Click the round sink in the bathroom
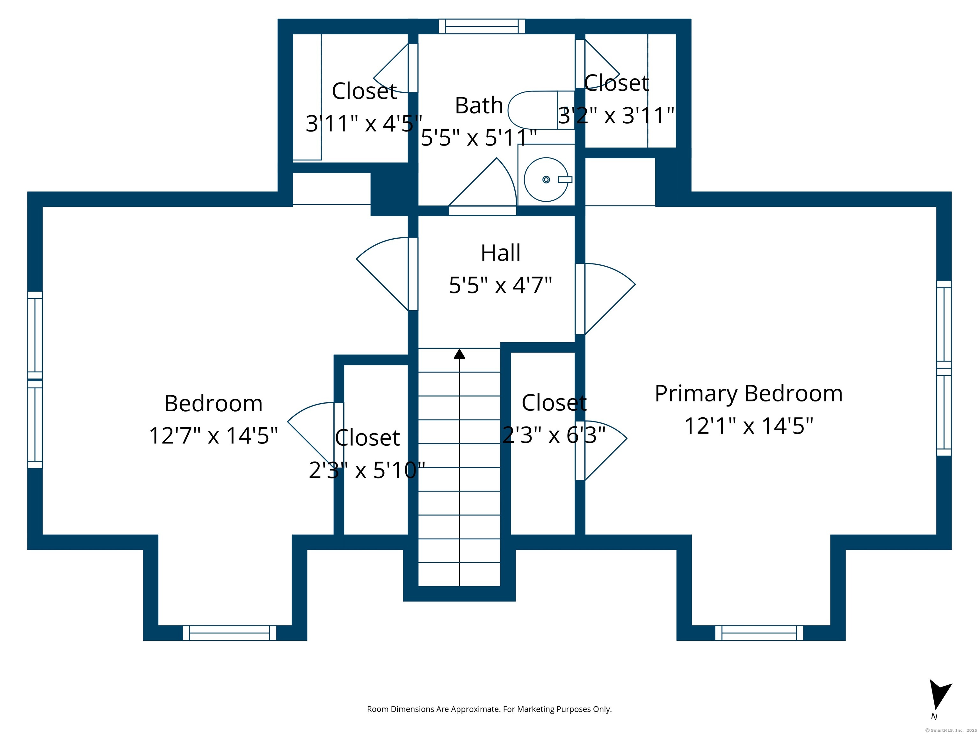546,180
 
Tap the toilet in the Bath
541,110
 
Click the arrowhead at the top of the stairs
460,354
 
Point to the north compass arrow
939,694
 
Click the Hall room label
501,253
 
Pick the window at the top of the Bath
482,26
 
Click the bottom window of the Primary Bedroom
759,633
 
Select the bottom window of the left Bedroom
230,633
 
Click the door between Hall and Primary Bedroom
605,299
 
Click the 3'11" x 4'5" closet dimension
364,123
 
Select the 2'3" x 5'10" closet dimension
367,470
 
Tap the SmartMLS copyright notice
951,730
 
